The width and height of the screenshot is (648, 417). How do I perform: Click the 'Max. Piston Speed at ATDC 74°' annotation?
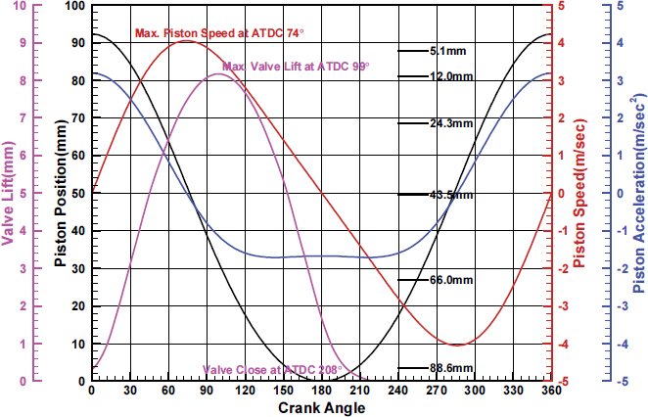(x=218, y=33)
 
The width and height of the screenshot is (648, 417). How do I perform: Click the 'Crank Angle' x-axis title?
(x=321, y=407)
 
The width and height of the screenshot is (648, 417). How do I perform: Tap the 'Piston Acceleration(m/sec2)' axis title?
(x=636, y=196)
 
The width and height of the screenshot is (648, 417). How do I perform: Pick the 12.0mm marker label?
(x=450, y=76)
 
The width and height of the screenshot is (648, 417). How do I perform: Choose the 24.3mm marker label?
(x=450, y=123)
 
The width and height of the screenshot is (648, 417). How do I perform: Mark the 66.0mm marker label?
(x=450, y=280)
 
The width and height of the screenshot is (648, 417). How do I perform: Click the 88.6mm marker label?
(x=450, y=368)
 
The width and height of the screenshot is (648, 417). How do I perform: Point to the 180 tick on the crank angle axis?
(x=321, y=391)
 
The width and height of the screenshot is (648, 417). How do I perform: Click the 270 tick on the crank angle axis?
(x=436, y=391)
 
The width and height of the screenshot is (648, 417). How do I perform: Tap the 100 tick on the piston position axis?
(x=74, y=6)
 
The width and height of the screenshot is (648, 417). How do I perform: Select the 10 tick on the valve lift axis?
(x=23, y=6)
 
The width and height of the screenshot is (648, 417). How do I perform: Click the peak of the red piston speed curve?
(x=186, y=41)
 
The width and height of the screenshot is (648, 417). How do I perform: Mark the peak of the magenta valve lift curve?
(x=217, y=74)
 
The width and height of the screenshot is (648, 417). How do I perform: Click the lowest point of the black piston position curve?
(x=321, y=380)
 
